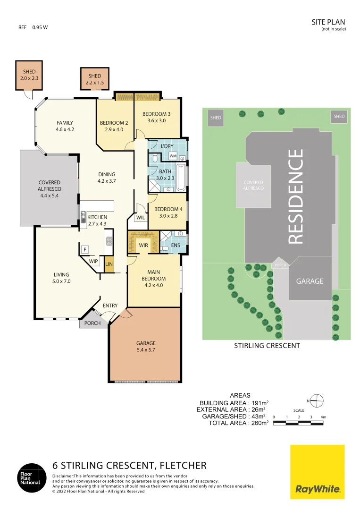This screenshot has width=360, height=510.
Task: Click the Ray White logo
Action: [x=317, y=472]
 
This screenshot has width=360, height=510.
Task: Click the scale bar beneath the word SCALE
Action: [x=299, y=422]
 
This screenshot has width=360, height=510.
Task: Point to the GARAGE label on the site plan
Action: [x=310, y=281]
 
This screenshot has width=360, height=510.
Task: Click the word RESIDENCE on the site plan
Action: [x=296, y=196]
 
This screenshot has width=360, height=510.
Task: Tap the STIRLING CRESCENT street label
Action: [x=267, y=346]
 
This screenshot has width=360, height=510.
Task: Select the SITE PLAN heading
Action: [x=328, y=22]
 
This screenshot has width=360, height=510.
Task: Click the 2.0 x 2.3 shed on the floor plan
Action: [x=29, y=75]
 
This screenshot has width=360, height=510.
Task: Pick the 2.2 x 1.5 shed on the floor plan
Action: [x=95, y=79]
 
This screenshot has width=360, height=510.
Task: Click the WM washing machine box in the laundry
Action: [x=173, y=156]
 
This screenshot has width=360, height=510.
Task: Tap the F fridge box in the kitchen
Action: [x=85, y=249]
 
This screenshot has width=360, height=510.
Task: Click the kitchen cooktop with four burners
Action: [x=109, y=241]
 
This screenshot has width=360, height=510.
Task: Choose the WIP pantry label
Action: [x=93, y=261]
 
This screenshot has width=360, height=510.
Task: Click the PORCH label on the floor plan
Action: [x=92, y=323]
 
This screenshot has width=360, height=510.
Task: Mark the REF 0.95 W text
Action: [x=33, y=27]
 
